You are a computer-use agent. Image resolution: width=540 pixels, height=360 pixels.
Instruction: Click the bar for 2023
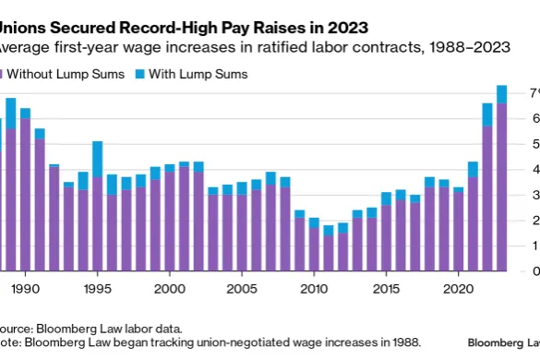(x=501, y=185)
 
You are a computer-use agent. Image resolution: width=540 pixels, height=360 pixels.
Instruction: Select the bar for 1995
(x=97, y=212)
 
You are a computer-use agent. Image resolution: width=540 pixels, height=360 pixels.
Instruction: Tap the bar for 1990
(x=25, y=194)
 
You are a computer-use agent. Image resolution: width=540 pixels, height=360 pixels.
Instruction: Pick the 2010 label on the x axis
(x=314, y=288)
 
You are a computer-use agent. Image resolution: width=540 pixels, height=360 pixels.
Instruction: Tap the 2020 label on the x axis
(x=459, y=288)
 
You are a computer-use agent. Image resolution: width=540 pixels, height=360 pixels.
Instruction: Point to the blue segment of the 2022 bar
(x=487, y=114)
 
